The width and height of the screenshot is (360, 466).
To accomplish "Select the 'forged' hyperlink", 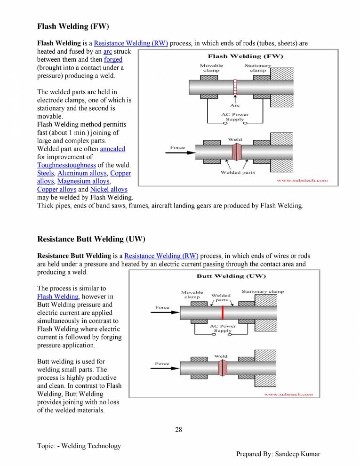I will [113, 59].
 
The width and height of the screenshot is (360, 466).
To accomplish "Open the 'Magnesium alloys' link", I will [83, 181].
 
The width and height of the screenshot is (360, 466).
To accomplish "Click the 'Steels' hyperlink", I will [45, 173].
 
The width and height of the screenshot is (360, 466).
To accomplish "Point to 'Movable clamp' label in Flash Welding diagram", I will [211, 68].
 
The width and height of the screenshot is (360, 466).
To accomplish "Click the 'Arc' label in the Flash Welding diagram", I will [234, 105].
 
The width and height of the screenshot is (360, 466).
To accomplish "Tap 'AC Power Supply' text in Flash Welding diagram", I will [234, 117].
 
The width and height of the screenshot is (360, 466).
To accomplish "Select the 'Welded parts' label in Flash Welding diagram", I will [238, 172].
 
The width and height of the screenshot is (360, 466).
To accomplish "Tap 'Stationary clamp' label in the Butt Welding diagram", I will [263, 291].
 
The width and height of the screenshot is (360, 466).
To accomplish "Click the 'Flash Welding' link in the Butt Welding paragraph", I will [57, 297].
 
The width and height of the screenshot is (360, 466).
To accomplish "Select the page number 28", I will [178, 429].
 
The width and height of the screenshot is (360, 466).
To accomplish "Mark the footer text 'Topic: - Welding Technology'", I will [79, 446].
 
